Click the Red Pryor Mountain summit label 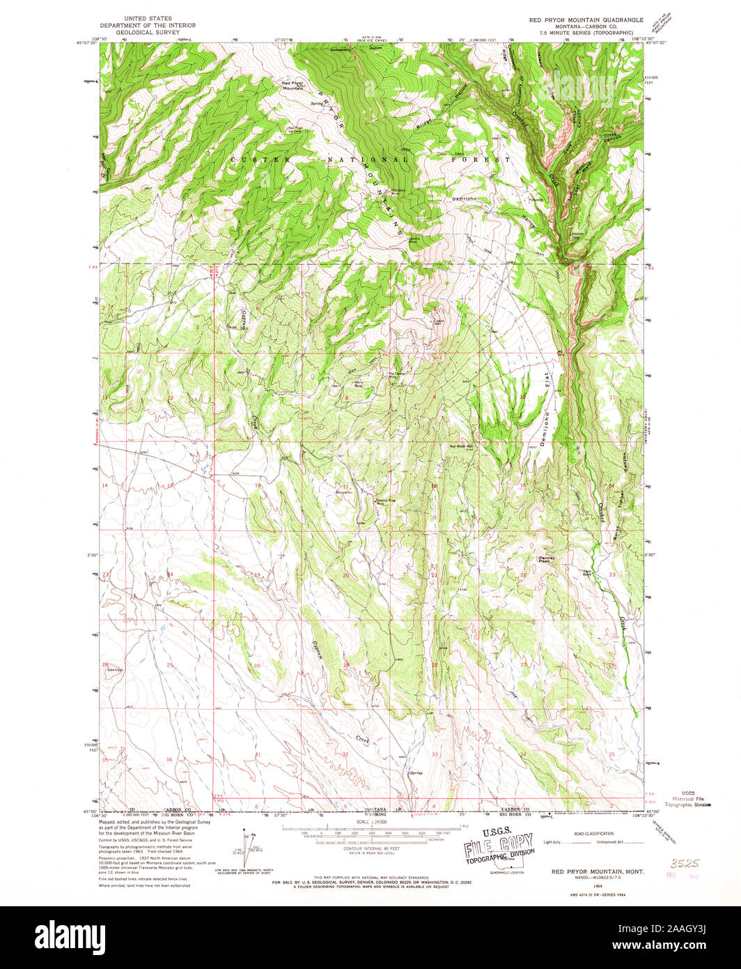coord(292,86)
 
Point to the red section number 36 coord(169,759)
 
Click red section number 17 coord(345,486)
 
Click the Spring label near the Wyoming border coord(416,772)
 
